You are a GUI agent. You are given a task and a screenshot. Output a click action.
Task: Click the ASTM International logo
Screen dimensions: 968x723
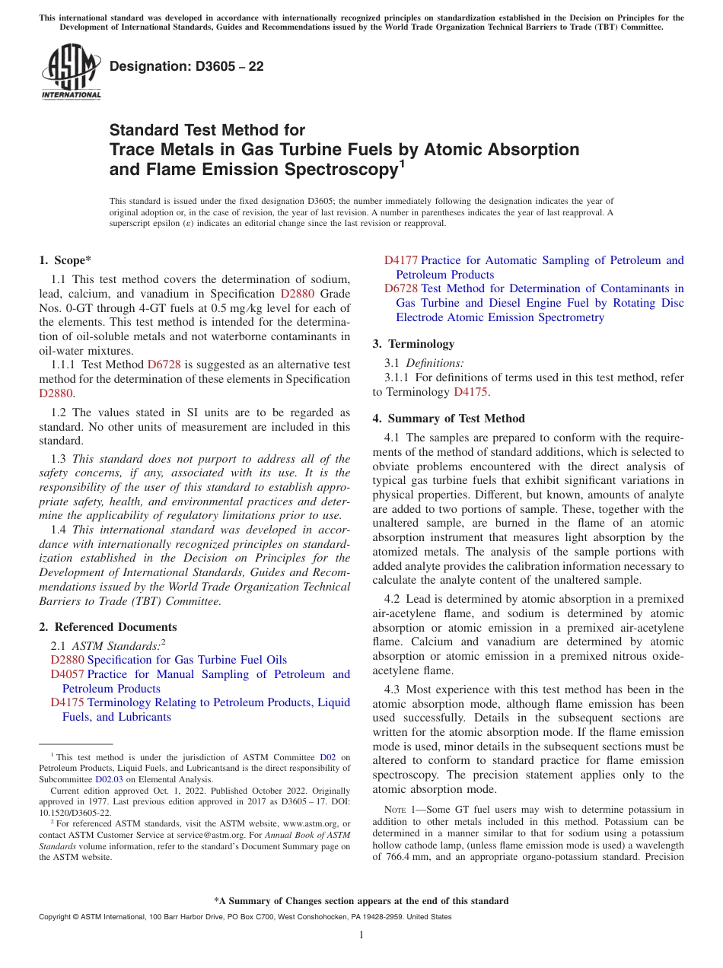point(70,72)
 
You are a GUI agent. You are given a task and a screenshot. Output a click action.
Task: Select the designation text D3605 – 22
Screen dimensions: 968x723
point(186,66)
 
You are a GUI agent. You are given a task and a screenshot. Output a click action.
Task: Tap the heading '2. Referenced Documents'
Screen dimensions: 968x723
point(107,627)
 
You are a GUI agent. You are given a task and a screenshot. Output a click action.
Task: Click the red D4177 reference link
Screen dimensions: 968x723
point(401,260)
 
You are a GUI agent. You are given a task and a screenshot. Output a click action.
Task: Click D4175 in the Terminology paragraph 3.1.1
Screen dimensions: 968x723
point(470,392)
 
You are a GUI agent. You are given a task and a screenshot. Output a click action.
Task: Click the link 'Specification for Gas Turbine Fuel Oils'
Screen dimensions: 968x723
point(187,660)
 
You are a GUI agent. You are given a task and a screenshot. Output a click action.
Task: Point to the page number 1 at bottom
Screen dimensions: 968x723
point(361,935)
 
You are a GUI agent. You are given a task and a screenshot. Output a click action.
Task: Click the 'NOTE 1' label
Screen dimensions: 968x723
point(400,810)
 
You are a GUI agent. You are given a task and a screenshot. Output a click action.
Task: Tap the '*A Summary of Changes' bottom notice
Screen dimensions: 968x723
point(361,901)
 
